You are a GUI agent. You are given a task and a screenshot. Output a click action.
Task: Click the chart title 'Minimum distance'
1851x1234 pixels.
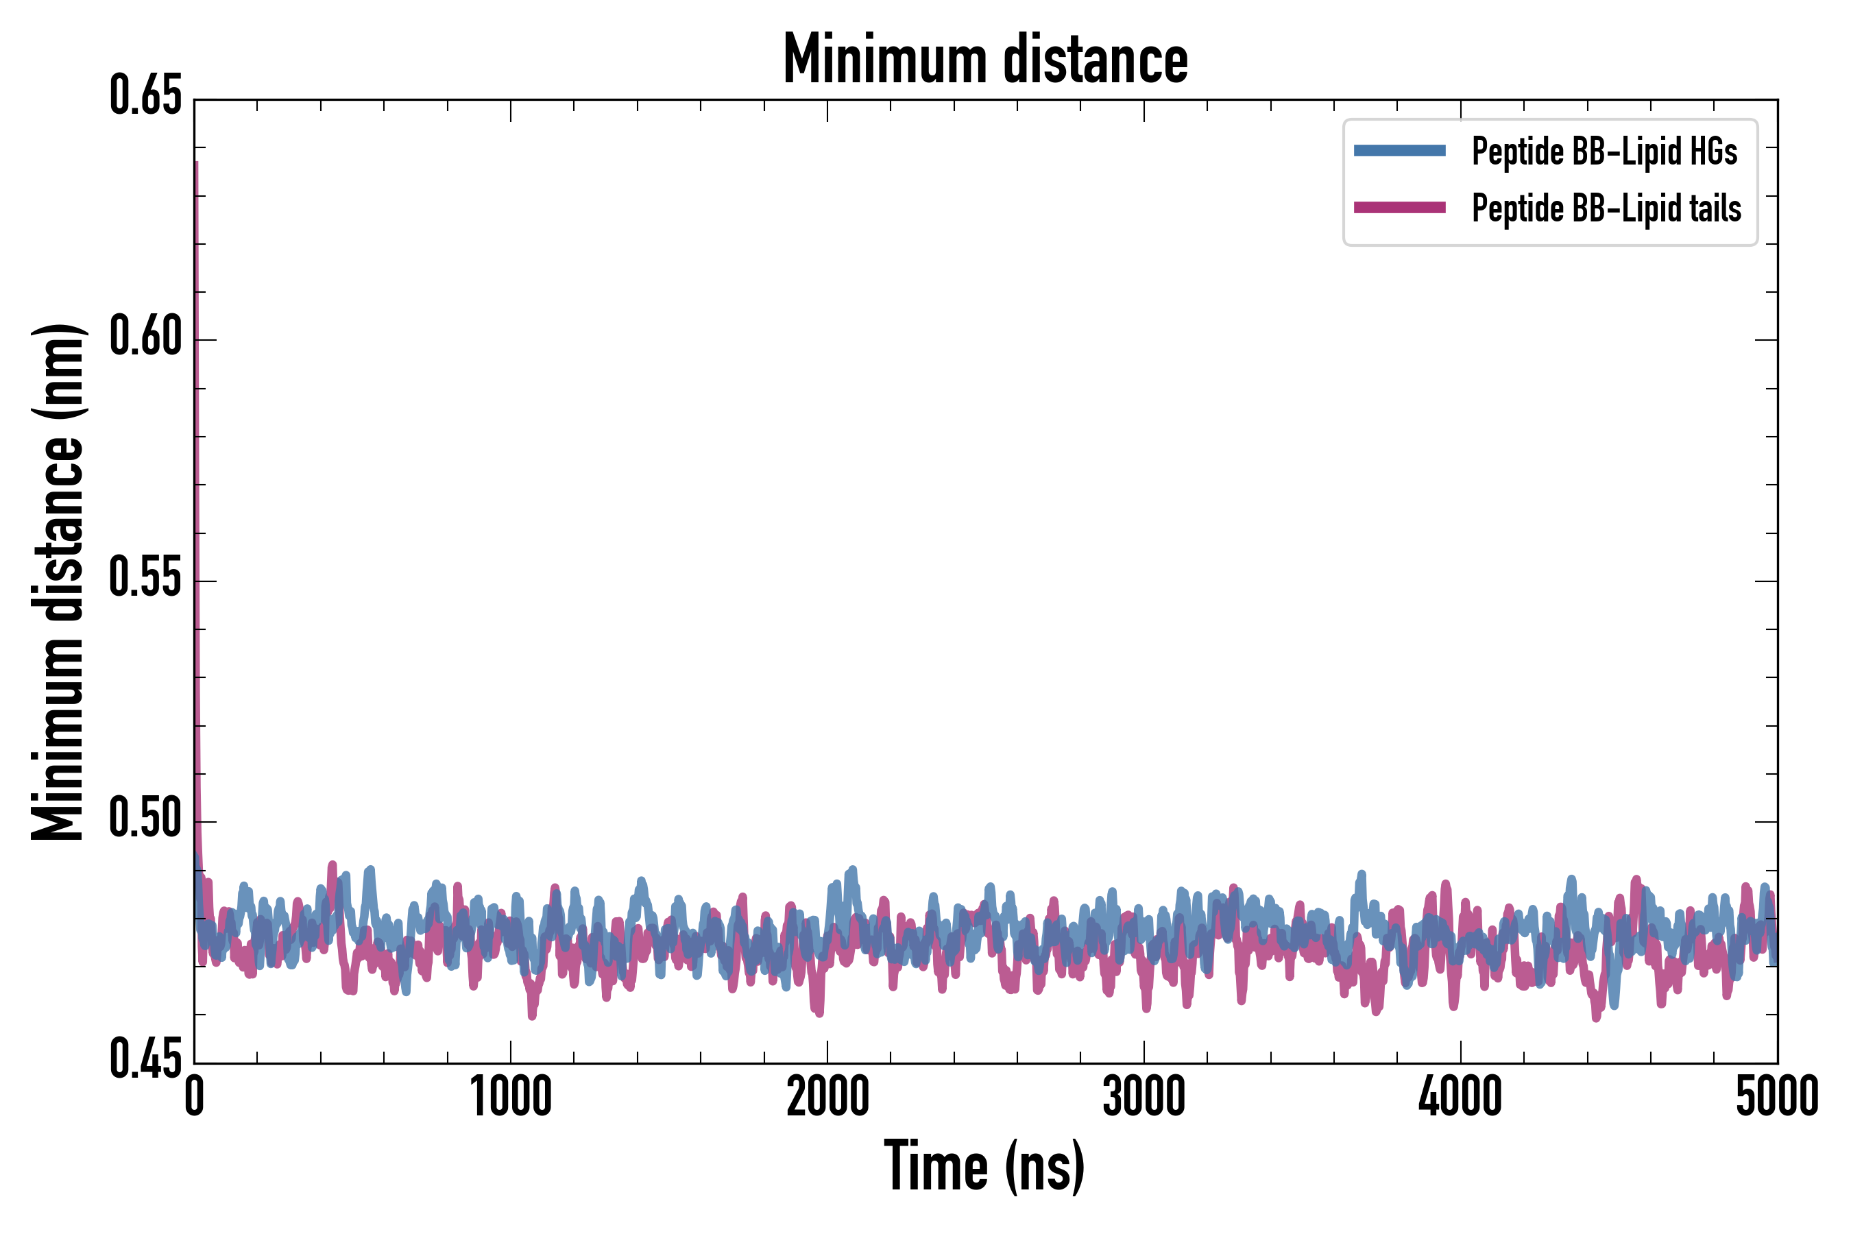985,60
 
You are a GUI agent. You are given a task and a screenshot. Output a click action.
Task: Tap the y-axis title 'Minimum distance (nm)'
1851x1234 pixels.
58,581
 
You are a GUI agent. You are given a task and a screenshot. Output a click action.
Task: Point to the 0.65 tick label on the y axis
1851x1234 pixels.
145,97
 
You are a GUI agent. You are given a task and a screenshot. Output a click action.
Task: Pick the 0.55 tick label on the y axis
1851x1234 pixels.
145,579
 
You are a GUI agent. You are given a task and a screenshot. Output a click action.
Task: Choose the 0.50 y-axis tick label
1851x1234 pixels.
145,819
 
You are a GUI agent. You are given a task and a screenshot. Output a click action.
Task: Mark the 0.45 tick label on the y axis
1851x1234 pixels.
145,1060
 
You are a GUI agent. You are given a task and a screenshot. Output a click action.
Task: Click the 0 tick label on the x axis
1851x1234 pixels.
195,1096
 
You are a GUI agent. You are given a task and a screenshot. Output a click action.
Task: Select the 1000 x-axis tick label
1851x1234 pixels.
511,1096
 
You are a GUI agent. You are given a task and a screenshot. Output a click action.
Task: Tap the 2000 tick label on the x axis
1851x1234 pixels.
828,1096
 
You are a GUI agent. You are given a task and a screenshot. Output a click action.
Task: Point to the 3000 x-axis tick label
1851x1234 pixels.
1144,1096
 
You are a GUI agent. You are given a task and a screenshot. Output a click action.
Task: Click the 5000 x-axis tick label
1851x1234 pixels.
1777,1096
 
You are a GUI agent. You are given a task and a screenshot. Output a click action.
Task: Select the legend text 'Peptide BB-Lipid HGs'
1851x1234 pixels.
1605,151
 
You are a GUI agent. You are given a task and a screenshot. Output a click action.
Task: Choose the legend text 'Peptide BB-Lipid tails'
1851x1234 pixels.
1606,208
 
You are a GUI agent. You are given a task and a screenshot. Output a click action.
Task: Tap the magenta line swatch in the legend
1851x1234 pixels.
1399,208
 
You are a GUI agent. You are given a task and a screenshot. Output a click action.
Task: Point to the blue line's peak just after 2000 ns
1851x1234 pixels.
851,871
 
